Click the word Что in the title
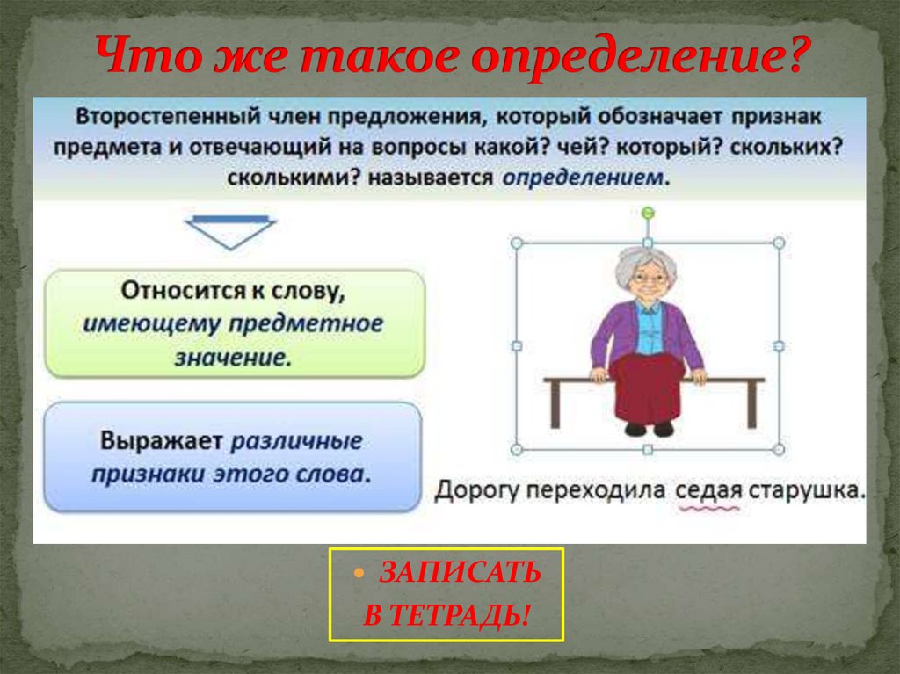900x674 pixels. (x=141, y=56)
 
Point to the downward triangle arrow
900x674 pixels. (x=231, y=232)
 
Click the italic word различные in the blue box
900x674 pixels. (x=295, y=439)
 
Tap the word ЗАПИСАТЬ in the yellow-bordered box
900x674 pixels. (x=459, y=574)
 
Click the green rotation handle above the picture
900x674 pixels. (x=648, y=213)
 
